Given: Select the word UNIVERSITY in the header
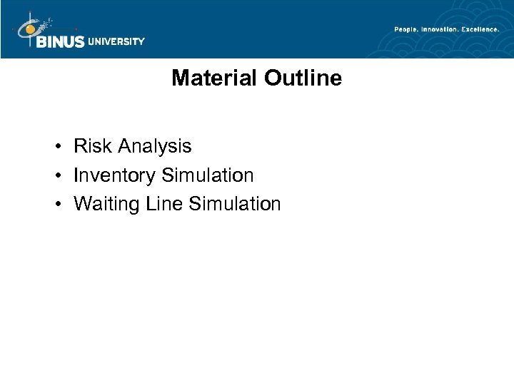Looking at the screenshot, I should (116, 41).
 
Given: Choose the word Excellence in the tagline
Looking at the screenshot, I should (480, 29).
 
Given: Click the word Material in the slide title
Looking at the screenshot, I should (213, 78).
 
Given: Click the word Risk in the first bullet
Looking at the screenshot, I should (89, 146).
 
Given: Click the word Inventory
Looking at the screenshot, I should (115, 176).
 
